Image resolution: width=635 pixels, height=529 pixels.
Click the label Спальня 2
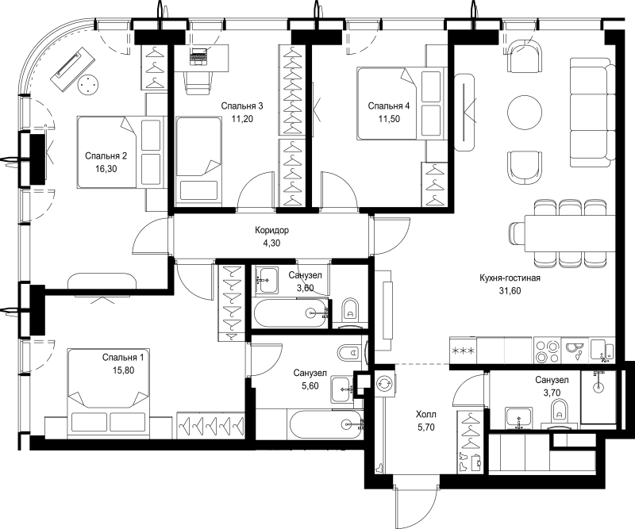pyautogui.click(x=106, y=155)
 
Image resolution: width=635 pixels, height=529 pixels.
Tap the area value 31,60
pyautogui.click(x=510, y=290)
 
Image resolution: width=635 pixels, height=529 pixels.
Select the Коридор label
pyautogui.click(x=271, y=230)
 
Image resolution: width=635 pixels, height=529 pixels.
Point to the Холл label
pyautogui.click(x=426, y=415)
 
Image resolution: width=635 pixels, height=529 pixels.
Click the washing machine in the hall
pyautogui.click(x=383, y=383)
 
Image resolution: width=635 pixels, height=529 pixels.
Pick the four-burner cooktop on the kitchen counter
pyautogui.click(x=547, y=351)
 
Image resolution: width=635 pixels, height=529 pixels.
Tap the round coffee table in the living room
pyautogui.click(x=525, y=112)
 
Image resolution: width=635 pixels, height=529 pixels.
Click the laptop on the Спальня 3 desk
pyautogui.click(x=198, y=56)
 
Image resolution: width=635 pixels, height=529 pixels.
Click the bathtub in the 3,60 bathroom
pyautogui.click(x=290, y=312)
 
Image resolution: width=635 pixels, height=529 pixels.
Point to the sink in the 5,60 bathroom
pyautogui.click(x=342, y=389)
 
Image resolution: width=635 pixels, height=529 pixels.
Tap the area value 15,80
pyautogui.click(x=123, y=370)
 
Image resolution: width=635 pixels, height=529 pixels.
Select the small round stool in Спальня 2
pyautogui.click(x=88, y=85)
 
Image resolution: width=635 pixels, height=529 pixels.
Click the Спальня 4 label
pyautogui.click(x=389, y=106)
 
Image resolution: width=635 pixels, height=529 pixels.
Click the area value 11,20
pyautogui.click(x=242, y=119)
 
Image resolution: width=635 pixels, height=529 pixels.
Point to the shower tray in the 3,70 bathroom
pyautogui.click(x=598, y=397)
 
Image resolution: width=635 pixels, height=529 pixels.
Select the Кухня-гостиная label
pyautogui.click(x=510, y=278)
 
